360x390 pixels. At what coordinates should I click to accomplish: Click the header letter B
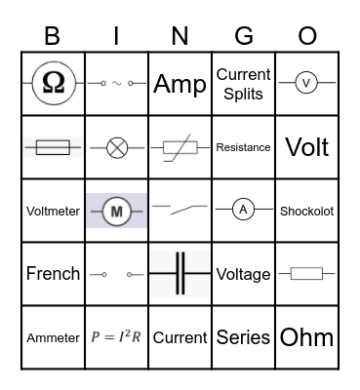point(53,35)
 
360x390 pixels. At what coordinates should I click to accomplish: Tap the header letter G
point(243,35)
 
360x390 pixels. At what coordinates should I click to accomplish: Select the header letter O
point(307,35)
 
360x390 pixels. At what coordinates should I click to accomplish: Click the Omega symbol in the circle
point(53,84)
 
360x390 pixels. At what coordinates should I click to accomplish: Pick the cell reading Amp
point(180,84)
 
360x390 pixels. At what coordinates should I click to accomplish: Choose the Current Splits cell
point(243,84)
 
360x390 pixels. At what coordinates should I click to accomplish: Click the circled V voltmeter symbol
point(306,84)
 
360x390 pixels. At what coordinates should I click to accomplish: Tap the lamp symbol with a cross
point(116,147)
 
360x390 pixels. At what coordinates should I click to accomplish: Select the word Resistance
point(243,147)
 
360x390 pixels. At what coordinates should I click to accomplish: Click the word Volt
point(306,147)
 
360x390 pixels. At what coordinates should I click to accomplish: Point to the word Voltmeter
point(53,211)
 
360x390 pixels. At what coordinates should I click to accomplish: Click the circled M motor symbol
point(117,211)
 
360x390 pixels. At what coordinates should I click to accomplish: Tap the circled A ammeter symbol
point(243,210)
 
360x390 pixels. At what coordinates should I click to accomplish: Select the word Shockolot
point(306,211)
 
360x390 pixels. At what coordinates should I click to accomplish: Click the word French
point(53,274)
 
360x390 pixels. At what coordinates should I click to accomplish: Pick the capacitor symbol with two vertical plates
point(180,274)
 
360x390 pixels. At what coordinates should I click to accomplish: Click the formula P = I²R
point(116,337)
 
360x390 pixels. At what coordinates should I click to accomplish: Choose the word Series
point(243,337)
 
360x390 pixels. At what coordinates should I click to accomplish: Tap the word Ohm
point(306,337)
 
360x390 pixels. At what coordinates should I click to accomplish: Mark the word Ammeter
point(53,337)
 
